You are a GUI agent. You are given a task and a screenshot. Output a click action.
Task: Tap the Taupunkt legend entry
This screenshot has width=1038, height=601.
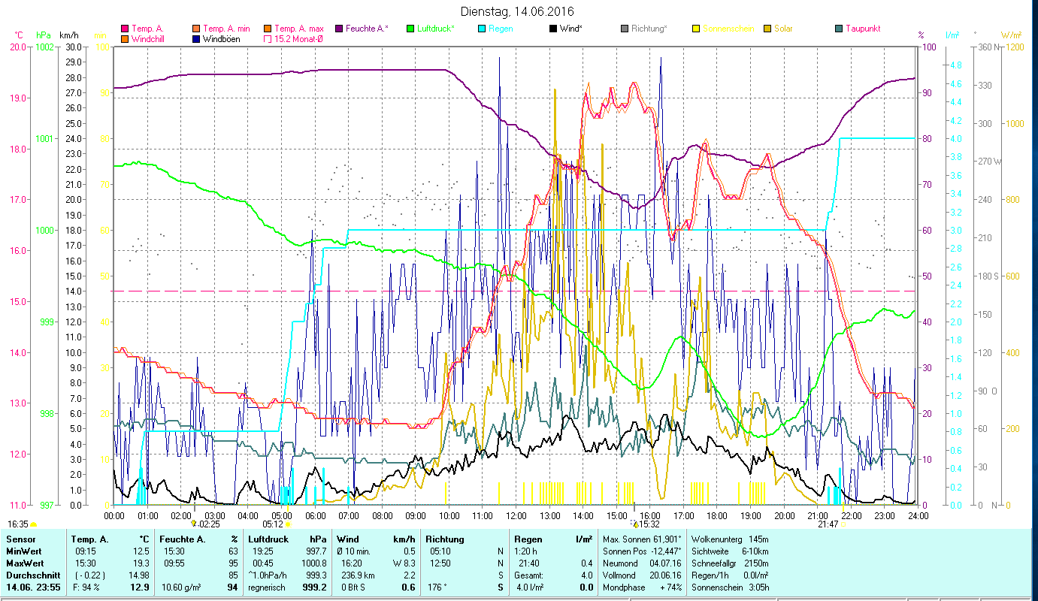[x=862, y=29]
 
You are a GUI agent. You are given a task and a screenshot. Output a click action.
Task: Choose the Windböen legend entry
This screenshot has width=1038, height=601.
[x=221, y=39]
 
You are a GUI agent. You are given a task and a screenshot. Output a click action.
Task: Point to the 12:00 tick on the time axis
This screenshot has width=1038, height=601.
[x=516, y=516]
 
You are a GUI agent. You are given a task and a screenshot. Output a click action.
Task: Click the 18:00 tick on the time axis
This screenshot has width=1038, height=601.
[x=717, y=516]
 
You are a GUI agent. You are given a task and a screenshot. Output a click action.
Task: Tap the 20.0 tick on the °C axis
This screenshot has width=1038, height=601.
[x=17, y=47]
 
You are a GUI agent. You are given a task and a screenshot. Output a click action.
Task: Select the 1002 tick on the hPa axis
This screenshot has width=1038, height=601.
[x=45, y=47]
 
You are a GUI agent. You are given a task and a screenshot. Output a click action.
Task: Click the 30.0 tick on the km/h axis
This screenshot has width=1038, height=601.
[x=74, y=47]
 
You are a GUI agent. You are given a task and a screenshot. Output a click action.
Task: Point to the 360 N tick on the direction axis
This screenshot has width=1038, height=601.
[x=986, y=47]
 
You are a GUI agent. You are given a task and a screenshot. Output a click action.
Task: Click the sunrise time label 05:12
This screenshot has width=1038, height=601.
[x=272, y=524]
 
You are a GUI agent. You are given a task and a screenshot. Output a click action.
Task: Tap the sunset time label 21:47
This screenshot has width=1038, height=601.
[x=828, y=524]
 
